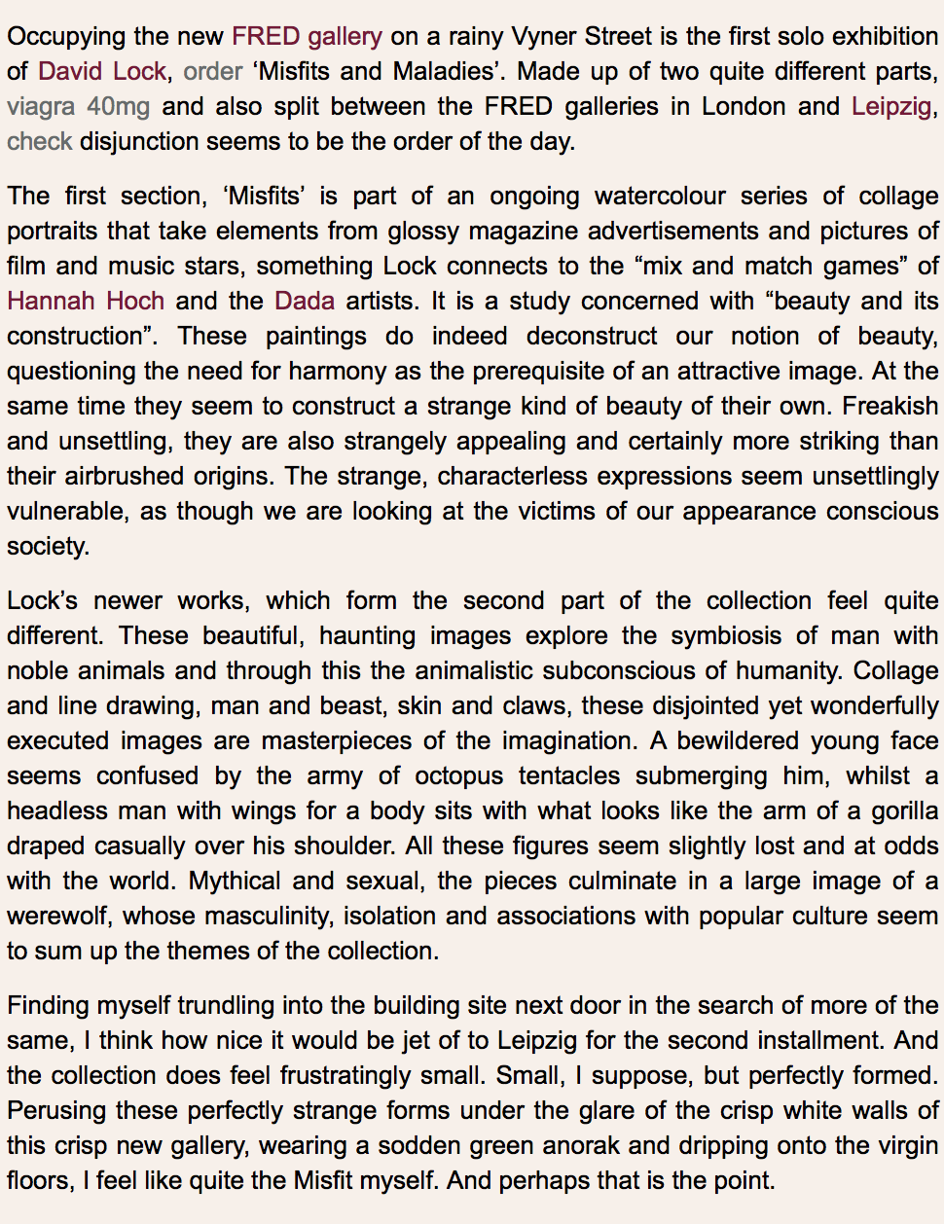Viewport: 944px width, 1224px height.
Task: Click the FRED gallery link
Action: tap(307, 37)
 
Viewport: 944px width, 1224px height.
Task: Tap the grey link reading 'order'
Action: tap(212, 72)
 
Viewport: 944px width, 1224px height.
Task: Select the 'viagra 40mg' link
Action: tap(78, 107)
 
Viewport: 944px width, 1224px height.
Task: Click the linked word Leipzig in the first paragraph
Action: tap(890, 107)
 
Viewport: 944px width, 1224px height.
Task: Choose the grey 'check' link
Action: tap(39, 142)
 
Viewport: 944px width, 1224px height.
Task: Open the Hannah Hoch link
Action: tap(86, 301)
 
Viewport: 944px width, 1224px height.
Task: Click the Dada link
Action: tap(305, 301)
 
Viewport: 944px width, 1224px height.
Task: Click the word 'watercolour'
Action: tap(660, 196)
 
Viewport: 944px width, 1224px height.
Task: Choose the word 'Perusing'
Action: tap(54, 1110)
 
